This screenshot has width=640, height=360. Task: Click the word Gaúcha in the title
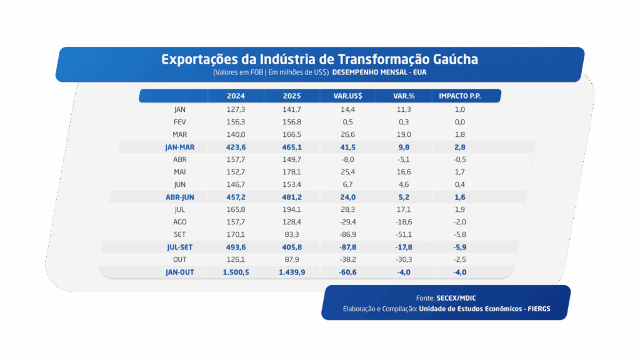(452, 59)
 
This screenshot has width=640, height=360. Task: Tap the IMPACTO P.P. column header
(460, 96)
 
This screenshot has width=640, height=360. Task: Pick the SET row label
(180, 234)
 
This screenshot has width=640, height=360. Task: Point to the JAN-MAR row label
(180, 147)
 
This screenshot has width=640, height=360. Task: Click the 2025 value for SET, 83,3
(292, 234)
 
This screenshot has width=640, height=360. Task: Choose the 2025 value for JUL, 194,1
(292, 209)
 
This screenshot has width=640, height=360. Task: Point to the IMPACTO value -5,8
(460, 234)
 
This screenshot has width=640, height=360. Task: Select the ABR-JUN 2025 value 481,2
(292, 197)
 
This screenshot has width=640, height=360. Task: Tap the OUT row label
(180, 259)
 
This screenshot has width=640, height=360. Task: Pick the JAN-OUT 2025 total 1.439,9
(292, 272)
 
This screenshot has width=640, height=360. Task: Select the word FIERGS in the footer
(535, 309)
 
